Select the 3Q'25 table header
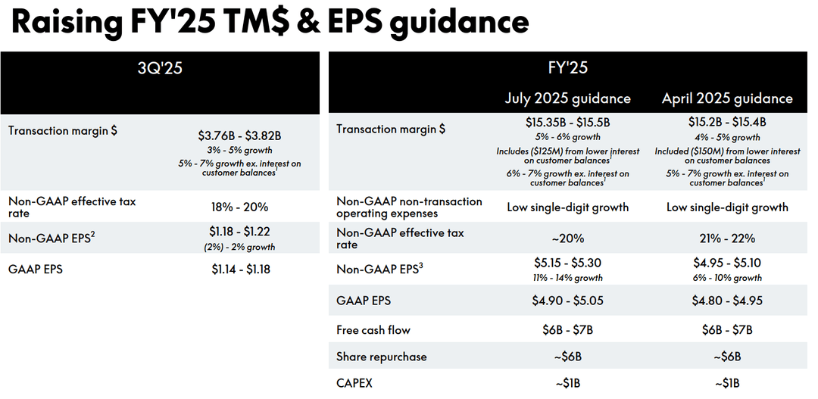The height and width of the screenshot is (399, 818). click(160, 68)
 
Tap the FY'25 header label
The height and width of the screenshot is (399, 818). click(567, 68)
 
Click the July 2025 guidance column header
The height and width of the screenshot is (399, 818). click(567, 98)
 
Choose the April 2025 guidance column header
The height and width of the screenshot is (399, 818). click(727, 98)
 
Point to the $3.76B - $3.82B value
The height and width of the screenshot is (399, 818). click(239, 136)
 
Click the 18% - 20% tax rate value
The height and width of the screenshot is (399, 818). click(239, 207)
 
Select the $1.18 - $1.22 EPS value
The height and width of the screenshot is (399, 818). click(239, 232)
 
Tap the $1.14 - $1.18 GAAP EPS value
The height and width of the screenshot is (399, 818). click(239, 269)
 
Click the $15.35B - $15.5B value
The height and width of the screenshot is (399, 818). click(567, 123)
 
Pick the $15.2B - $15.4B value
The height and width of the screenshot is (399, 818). click(727, 123)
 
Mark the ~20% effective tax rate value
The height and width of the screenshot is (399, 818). click(567, 238)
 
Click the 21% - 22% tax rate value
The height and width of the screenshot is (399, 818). click(727, 238)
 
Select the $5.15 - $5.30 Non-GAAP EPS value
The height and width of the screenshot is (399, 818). click(567, 264)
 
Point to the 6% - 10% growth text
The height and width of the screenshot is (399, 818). click(727, 278)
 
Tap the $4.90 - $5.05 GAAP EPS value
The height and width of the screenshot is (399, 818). click(567, 301)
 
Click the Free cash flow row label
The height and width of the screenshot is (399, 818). click(374, 330)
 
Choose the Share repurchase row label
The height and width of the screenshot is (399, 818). click(382, 357)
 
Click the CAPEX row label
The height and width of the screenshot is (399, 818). click(354, 383)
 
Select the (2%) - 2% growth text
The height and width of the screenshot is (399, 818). click(239, 247)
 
